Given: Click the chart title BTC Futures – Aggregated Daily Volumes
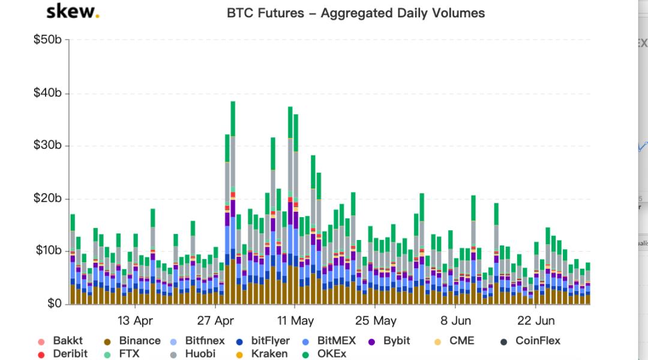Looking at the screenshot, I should [356, 13].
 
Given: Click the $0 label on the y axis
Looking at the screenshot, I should [54, 304].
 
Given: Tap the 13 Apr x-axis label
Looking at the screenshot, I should [135, 320].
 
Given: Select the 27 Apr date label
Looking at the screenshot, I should [215, 320].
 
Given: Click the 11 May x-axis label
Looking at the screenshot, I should [296, 320].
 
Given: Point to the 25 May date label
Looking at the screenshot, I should [376, 320].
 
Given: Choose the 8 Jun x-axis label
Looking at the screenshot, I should [456, 320].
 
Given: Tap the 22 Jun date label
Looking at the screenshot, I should [536, 320].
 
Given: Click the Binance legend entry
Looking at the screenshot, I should [133, 341].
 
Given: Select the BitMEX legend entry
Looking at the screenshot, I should [329, 341].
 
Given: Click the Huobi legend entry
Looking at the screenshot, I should [200, 354].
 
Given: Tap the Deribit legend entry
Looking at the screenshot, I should [63, 354].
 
